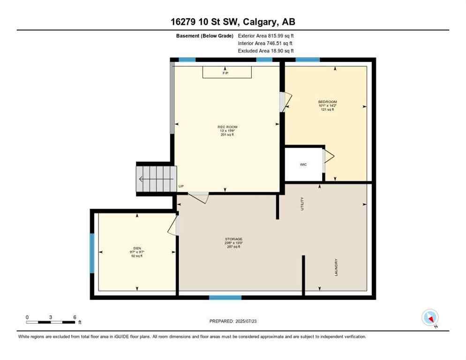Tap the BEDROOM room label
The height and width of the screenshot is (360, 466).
[327, 102]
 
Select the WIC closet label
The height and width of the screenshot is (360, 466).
[303, 165]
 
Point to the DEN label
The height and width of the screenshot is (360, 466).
[137, 248]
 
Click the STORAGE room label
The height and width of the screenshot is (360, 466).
[233, 239]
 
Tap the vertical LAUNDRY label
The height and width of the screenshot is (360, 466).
[336, 267]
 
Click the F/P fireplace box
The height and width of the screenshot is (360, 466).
[227, 73]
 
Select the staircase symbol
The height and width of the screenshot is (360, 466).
[155, 179]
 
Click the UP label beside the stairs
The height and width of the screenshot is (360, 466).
[181, 186]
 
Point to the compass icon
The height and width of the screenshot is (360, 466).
[430, 318]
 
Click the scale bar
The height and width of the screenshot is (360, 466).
[51, 322]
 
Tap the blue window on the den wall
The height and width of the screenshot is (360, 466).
[92, 253]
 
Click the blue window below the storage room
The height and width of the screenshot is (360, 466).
[225, 297]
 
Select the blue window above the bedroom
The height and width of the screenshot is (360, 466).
[308, 60]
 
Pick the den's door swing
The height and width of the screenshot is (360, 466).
[173, 226]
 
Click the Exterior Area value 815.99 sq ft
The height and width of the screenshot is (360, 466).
[281, 36]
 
